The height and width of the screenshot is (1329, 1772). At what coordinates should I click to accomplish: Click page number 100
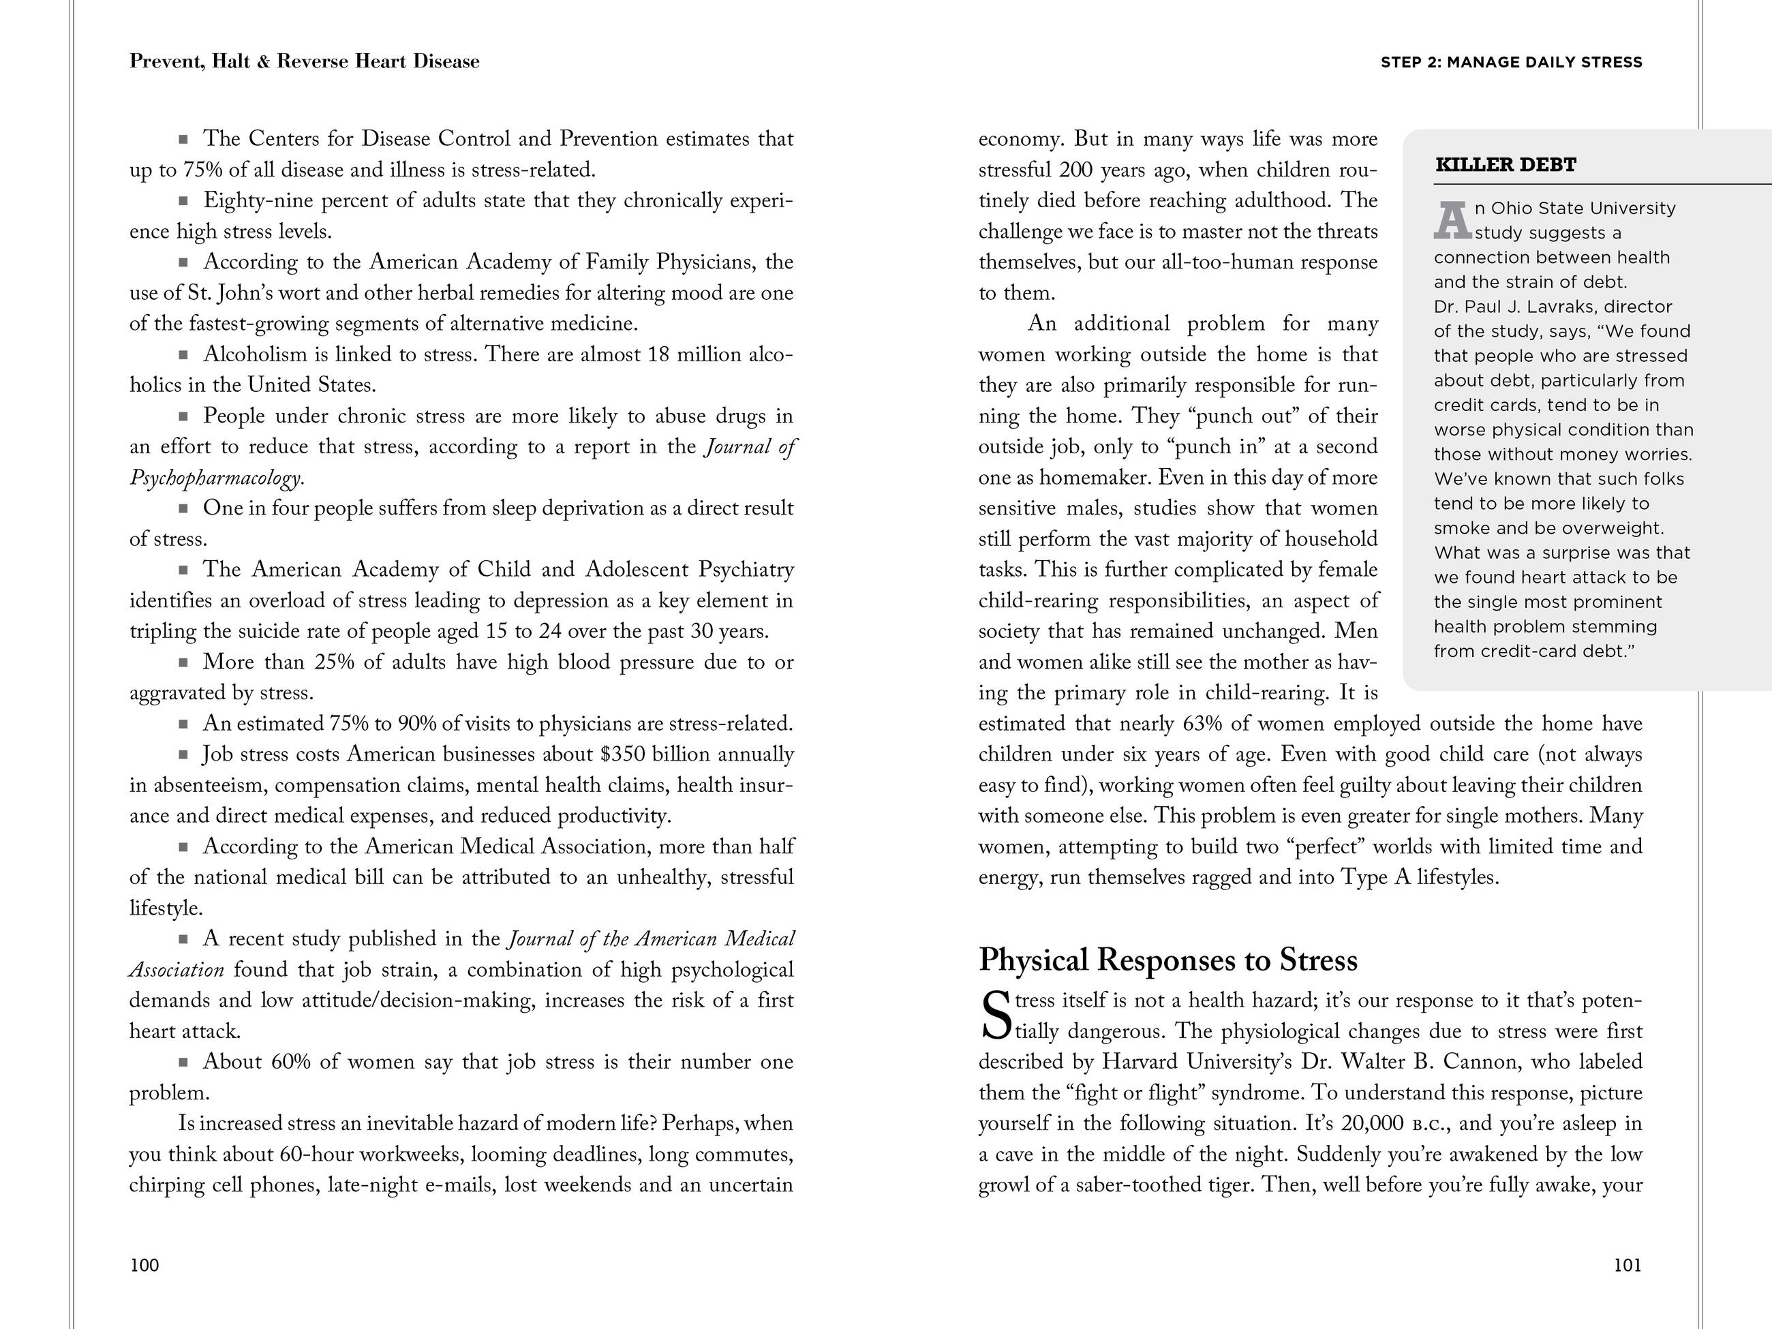[x=144, y=1265]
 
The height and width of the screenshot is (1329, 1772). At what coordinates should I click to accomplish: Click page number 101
[x=1627, y=1265]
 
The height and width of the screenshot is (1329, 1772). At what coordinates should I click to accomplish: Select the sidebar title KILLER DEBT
[x=1506, y=165]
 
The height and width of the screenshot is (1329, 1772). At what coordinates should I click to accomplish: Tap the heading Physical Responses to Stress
[x=1168, y=960]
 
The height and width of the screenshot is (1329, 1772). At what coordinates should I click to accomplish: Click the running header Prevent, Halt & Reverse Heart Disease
[x=305, y=62]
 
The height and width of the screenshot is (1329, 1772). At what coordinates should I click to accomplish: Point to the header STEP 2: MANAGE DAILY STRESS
[x=1511, y=63]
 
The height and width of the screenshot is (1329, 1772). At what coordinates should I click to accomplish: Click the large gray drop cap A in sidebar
[x=1452, y=220]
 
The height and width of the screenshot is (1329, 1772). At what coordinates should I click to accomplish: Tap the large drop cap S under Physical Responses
[x=996, y=1015]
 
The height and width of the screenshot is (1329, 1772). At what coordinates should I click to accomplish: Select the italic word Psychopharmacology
[x=215, y=478]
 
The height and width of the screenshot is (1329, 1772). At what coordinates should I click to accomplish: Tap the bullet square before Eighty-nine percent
[x=183, y=200]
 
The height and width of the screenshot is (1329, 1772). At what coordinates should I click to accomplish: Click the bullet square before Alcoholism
[x=183, y=354]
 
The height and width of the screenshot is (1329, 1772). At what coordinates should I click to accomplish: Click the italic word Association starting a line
[x=177, y=970]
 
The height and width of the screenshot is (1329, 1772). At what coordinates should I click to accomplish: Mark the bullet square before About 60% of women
[x=183, y=1063]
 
